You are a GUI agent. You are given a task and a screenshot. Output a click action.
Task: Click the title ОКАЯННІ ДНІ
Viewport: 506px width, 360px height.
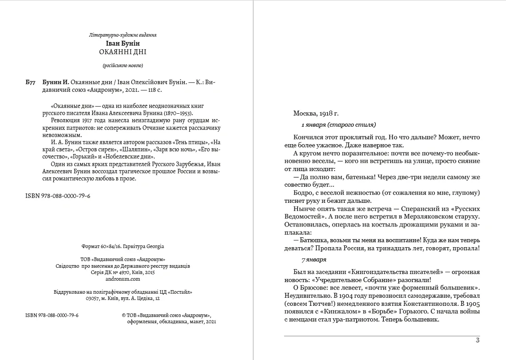[123, 51]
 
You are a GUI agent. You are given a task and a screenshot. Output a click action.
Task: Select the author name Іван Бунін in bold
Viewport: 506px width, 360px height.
[123, 43]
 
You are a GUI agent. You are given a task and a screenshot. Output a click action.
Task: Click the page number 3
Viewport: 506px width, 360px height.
[477, 341]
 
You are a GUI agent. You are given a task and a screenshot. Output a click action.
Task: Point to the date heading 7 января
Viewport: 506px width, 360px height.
[314, 259]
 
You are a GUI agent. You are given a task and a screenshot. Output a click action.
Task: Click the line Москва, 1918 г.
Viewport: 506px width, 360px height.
[319, 114]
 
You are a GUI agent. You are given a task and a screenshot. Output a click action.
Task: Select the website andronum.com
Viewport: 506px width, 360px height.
[123, 278]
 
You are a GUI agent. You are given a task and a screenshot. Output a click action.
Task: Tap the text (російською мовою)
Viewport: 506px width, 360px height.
[123, 65]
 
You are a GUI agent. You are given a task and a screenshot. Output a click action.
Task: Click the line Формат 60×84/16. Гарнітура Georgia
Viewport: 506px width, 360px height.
[123, 246]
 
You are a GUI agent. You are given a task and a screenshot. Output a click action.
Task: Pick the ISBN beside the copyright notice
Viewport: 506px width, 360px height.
[52, 315]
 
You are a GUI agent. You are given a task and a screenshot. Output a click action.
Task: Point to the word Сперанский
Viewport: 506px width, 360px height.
[408, 209]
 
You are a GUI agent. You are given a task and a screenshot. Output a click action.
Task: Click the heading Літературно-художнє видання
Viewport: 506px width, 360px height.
[123, 34]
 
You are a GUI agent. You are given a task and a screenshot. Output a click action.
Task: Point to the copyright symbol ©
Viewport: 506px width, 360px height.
[124, 315]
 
